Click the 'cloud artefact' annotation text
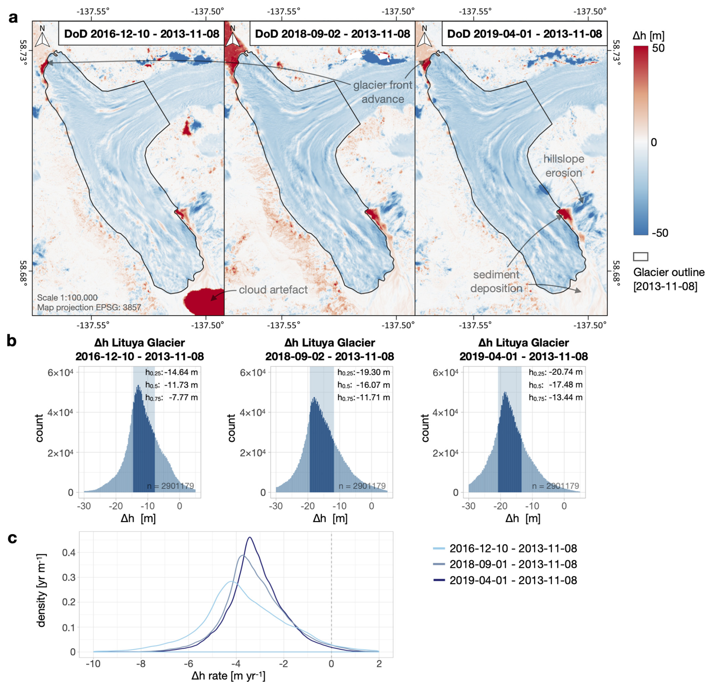click(273, 289)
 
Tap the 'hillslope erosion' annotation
click(563, 166)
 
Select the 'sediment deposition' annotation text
click(496, 281)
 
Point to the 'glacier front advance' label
click(382, 92)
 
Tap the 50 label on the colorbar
click(658, 48)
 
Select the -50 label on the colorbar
click(660, 232)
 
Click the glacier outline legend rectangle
click(640, 257)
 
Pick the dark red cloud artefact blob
click(203, 301)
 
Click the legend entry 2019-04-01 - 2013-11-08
click(513, 580)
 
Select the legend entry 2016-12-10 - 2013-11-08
click(513, 548)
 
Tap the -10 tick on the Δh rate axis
click(93, 663)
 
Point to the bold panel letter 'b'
click(12, 341)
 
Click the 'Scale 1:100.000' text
click(67, 298)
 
